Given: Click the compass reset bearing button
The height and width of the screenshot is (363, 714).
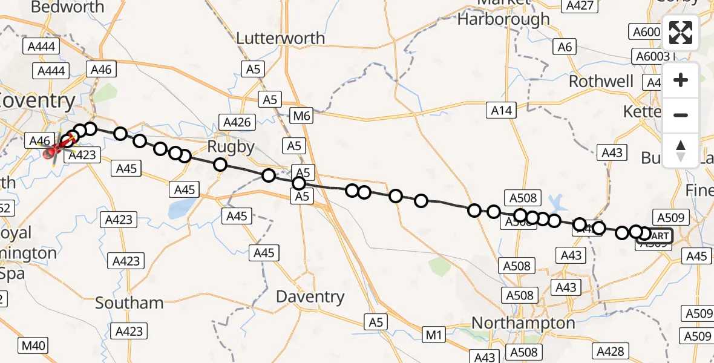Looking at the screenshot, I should point(681,150).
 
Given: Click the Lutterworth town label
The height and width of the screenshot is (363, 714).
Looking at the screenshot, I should point(280,38).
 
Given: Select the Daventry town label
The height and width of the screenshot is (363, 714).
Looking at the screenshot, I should point(310,297).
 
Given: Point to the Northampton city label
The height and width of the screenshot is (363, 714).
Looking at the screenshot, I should point(523,323).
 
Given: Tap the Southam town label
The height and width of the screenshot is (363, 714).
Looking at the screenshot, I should point(129,303).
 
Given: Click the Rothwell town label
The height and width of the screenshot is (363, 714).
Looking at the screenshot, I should point(601,82).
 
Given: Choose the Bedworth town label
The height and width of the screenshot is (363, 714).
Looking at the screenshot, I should point(67,7).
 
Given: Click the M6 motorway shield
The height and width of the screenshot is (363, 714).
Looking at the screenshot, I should point(301,115).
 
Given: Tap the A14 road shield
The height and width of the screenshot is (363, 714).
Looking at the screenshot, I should point(502,110).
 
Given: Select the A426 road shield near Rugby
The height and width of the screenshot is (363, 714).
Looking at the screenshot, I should point(237,122).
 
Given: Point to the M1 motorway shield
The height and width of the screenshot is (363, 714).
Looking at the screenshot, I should point(433,334).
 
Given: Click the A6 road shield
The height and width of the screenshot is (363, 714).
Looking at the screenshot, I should point(565,47).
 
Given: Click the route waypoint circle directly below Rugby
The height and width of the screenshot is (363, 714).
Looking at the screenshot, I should point(220,165).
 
